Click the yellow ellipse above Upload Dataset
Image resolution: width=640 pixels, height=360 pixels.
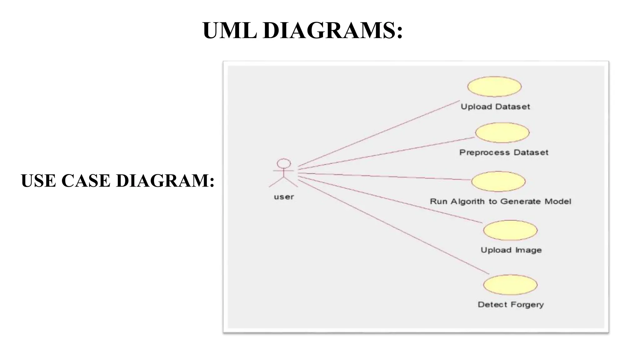coord(494,87)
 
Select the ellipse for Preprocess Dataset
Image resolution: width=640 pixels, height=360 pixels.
coord(502,132)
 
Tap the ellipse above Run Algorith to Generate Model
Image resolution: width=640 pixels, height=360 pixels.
coord(498,181)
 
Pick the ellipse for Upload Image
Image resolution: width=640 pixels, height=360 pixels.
coord(510,230)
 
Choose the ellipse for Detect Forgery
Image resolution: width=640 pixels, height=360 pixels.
coord(510,285)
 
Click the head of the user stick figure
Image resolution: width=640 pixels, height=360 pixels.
coord(284,163)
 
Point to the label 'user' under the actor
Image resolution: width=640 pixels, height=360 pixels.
coord(284,197)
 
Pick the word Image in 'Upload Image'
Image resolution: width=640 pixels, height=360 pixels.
coord(529,250)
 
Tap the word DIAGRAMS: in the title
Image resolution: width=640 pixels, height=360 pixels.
coord(332,31)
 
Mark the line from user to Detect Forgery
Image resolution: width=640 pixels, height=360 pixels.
coord(394,227)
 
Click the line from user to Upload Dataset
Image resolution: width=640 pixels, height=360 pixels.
coord(379,133)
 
